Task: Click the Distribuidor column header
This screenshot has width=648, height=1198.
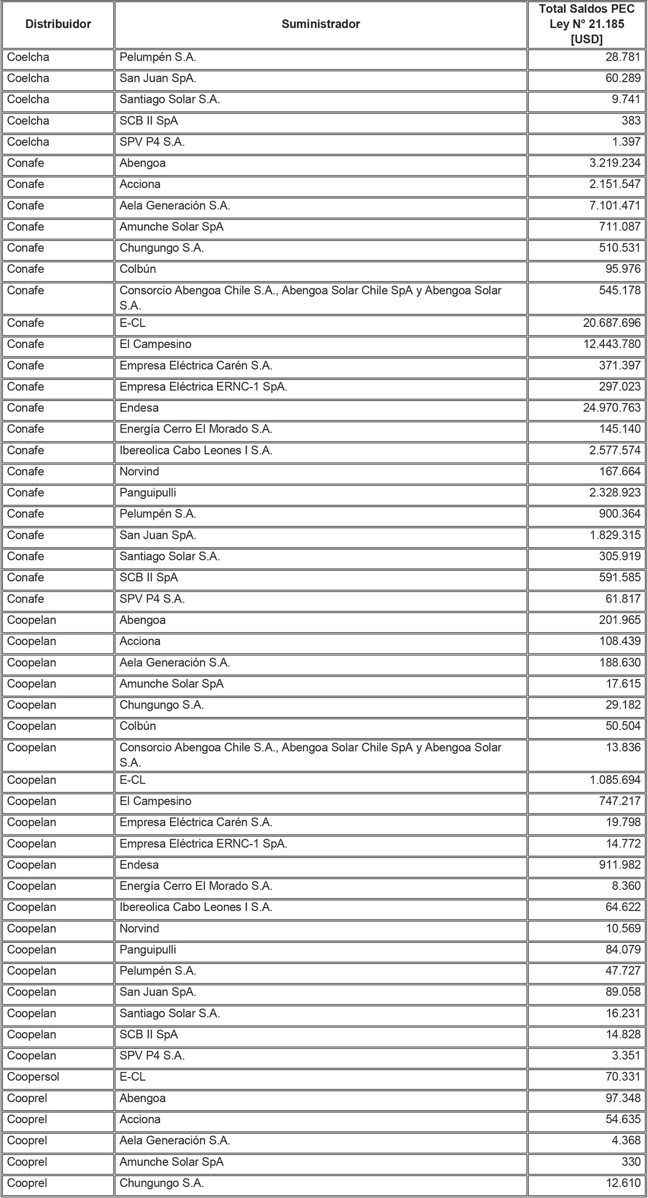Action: [x=58, y=24]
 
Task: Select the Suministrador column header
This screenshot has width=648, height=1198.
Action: [x=320, y=24]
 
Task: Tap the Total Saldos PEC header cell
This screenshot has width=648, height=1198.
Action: [x=587, y=24]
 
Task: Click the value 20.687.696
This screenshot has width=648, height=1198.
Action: [x=612, y=323]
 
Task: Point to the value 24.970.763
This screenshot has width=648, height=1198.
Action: [x=612, y=408]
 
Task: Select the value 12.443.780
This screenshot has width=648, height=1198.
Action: [x=612, y=344]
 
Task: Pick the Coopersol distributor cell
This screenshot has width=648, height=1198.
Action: [x=33, y=1077]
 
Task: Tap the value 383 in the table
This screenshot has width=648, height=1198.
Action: [x=631, y=120]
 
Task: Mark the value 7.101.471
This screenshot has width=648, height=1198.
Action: [x=614, y=205]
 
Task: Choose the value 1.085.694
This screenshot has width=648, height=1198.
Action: [x=615, y=780]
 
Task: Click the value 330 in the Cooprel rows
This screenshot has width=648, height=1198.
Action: [x=631, y=1162]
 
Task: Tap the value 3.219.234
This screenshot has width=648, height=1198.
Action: [x=614, y=163]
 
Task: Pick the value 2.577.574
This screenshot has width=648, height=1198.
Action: [x=614, y=450]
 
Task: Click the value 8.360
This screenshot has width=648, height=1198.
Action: [x=626, y=886]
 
